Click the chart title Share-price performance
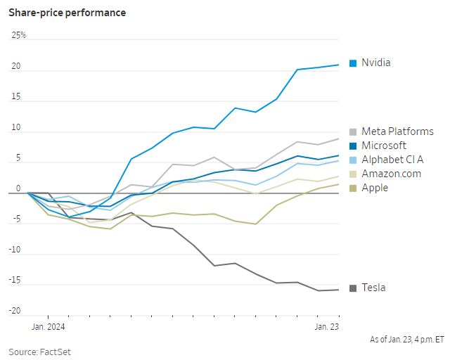pyautogui.click(x=67, y=13)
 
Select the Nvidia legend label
pyautogui.click(x=375, y=63)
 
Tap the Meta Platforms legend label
pyautogui.click(x=397, y=131)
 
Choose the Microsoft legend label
pyautogui.click(x=384, y=146)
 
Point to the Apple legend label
pyautogui.click(x=375, y=188)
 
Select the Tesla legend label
pyautogui.click(x=373, y=288)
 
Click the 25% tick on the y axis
pyautogui.click(x=18, y=35)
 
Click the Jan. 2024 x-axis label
pyautogui.click(x=48, y=326)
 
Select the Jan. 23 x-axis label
pyautogui.click(x=326, y=326)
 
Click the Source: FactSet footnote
pyautogui.click(x=39, y=352)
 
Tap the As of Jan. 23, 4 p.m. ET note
pyautogui.click(x=406, y=340)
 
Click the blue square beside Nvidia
pyautogui.click(x=353, y=63)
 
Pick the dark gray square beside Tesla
pyautogui.click(x=353, y=288)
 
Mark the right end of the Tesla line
pyautogui.click(x=339, y=290)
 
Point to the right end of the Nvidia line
pyautogui.click(x=339, y=65)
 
